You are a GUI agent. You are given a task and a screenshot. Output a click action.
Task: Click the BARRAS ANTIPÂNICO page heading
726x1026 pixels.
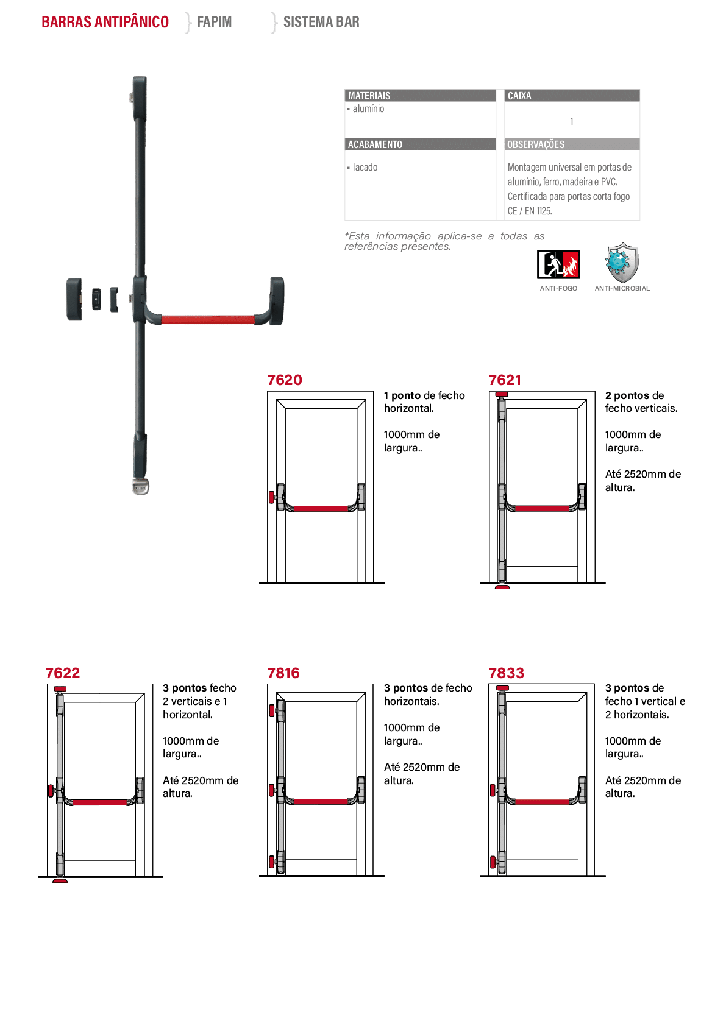point(105,21)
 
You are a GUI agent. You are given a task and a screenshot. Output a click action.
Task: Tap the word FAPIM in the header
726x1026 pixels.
point(214,21)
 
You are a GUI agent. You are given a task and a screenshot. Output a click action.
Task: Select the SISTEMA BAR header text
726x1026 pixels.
point(321,21)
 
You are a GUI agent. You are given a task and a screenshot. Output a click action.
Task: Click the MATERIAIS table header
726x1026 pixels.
point(369,96)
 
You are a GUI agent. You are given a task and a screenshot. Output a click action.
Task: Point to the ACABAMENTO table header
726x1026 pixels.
point(375,144)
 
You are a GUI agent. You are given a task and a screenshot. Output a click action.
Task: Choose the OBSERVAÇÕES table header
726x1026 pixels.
point(536,144)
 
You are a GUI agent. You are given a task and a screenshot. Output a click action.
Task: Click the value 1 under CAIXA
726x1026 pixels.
point(572,121)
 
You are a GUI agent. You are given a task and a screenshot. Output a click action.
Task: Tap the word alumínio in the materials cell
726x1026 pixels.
point(368,108)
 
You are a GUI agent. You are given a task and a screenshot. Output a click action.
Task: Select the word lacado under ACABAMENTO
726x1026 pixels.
point(365,167)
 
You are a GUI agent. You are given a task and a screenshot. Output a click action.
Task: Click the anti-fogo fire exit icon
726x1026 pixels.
point(558,264)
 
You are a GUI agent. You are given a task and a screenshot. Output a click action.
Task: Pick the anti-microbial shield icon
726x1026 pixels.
point(622,263)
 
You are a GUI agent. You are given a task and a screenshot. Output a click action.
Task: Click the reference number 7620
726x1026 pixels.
point(285,380)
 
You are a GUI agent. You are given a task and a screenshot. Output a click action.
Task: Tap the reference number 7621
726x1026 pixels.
point(505,380)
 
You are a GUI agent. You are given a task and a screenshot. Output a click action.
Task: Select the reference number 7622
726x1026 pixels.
point(63,673)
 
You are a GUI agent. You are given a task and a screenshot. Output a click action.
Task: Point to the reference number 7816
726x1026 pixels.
point(283,673)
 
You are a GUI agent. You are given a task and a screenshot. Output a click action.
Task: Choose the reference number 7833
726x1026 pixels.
point(506,673)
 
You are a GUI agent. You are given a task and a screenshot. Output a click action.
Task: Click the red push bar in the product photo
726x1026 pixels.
point(208,320)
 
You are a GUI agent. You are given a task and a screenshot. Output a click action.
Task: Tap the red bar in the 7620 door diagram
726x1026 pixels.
point(321,508)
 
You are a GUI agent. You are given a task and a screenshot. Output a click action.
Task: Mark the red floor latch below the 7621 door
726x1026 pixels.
point(502,587)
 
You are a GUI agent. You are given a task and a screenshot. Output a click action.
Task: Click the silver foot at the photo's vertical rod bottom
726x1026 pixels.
point(140,486)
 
